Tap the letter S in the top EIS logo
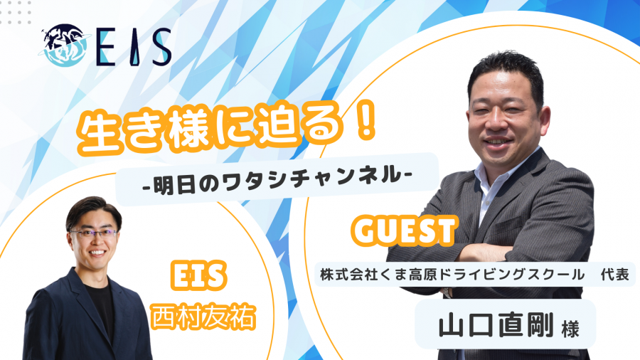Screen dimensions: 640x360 (x=161, y=48)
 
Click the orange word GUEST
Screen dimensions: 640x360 (x=404, y=231)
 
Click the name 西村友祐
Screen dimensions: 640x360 (x=203, y=317)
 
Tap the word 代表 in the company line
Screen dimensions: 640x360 (x=614, y=275)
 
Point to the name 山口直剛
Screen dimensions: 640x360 (x=496, y=325)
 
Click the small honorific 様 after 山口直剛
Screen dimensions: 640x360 (x=570, y=329)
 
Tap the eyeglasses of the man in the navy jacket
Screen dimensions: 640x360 (x=93, y=234)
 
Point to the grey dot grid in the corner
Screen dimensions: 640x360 (x=16, y=11)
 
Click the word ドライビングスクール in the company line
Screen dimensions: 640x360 (x=512, y=275)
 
